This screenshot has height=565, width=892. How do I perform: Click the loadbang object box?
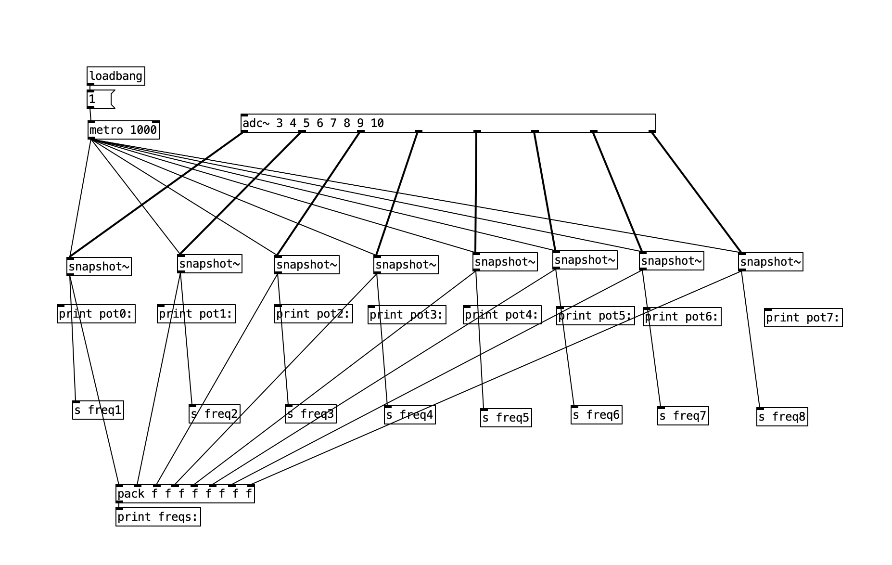click(116, 76)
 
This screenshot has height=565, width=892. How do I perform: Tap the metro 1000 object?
click(124, 130)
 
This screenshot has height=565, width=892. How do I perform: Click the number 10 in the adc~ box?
click(377, 123)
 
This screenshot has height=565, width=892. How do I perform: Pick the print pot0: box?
click(96, 314)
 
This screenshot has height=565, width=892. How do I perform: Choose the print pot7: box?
click(803, 318)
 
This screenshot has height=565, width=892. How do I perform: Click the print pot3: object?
click(407, 315)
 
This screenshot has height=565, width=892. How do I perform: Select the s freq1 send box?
click(98, 410)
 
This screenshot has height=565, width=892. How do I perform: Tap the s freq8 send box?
click(782, 417)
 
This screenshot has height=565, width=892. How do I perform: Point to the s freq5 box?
click(506, 418)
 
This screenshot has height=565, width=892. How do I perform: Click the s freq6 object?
click(596, 415)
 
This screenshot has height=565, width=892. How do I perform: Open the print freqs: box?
click(158, 517)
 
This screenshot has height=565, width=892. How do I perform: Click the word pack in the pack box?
click(131, 494)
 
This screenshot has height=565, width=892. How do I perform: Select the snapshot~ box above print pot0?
click(99, 267)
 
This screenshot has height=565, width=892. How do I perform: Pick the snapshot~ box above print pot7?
click(770, 262)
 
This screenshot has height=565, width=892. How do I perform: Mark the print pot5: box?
click(595, 316)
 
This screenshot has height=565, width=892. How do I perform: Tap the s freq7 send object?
click(683, 416)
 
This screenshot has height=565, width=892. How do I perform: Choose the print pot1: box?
click(196, 314)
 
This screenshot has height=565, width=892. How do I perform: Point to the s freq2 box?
click(214, 414)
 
